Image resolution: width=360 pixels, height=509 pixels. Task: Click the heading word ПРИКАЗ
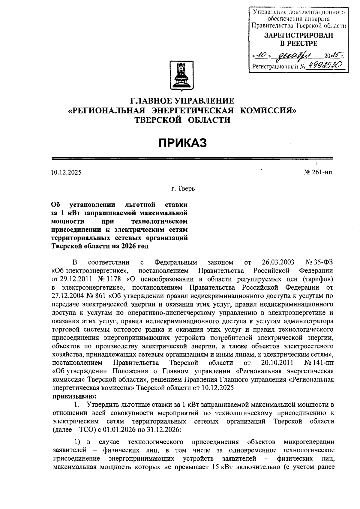(182, 143)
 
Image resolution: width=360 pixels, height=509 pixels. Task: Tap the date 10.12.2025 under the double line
(66, 173)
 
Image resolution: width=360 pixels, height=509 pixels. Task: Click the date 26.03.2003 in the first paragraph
(278, 263)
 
